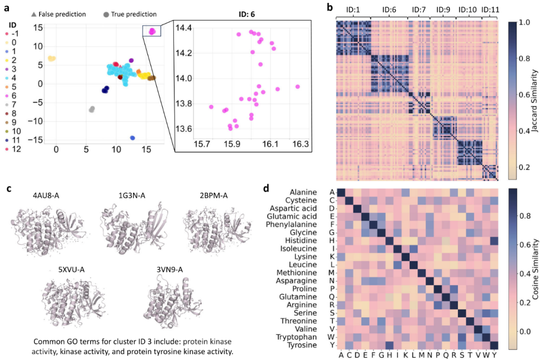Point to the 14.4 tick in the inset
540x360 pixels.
click(x=183, y=27)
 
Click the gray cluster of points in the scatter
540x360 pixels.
click(x=91, y=109)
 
